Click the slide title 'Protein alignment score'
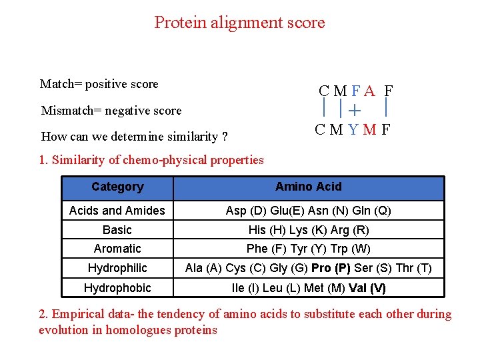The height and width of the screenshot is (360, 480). (239, 23)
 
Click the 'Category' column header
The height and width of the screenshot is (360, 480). (117, 187)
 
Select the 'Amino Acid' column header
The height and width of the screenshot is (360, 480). (308, 187)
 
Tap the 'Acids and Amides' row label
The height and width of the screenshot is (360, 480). (117, 211)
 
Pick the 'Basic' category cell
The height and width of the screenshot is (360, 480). (117, 230)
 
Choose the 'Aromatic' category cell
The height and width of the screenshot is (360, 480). (117, 249)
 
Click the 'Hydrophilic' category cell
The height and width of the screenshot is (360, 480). (117, 268)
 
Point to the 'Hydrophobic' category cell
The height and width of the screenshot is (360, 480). (117, 288)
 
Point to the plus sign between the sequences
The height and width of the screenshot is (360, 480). (353, 110)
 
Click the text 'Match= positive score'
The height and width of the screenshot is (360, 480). (99, 84)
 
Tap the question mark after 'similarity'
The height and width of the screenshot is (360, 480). (225, 137)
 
